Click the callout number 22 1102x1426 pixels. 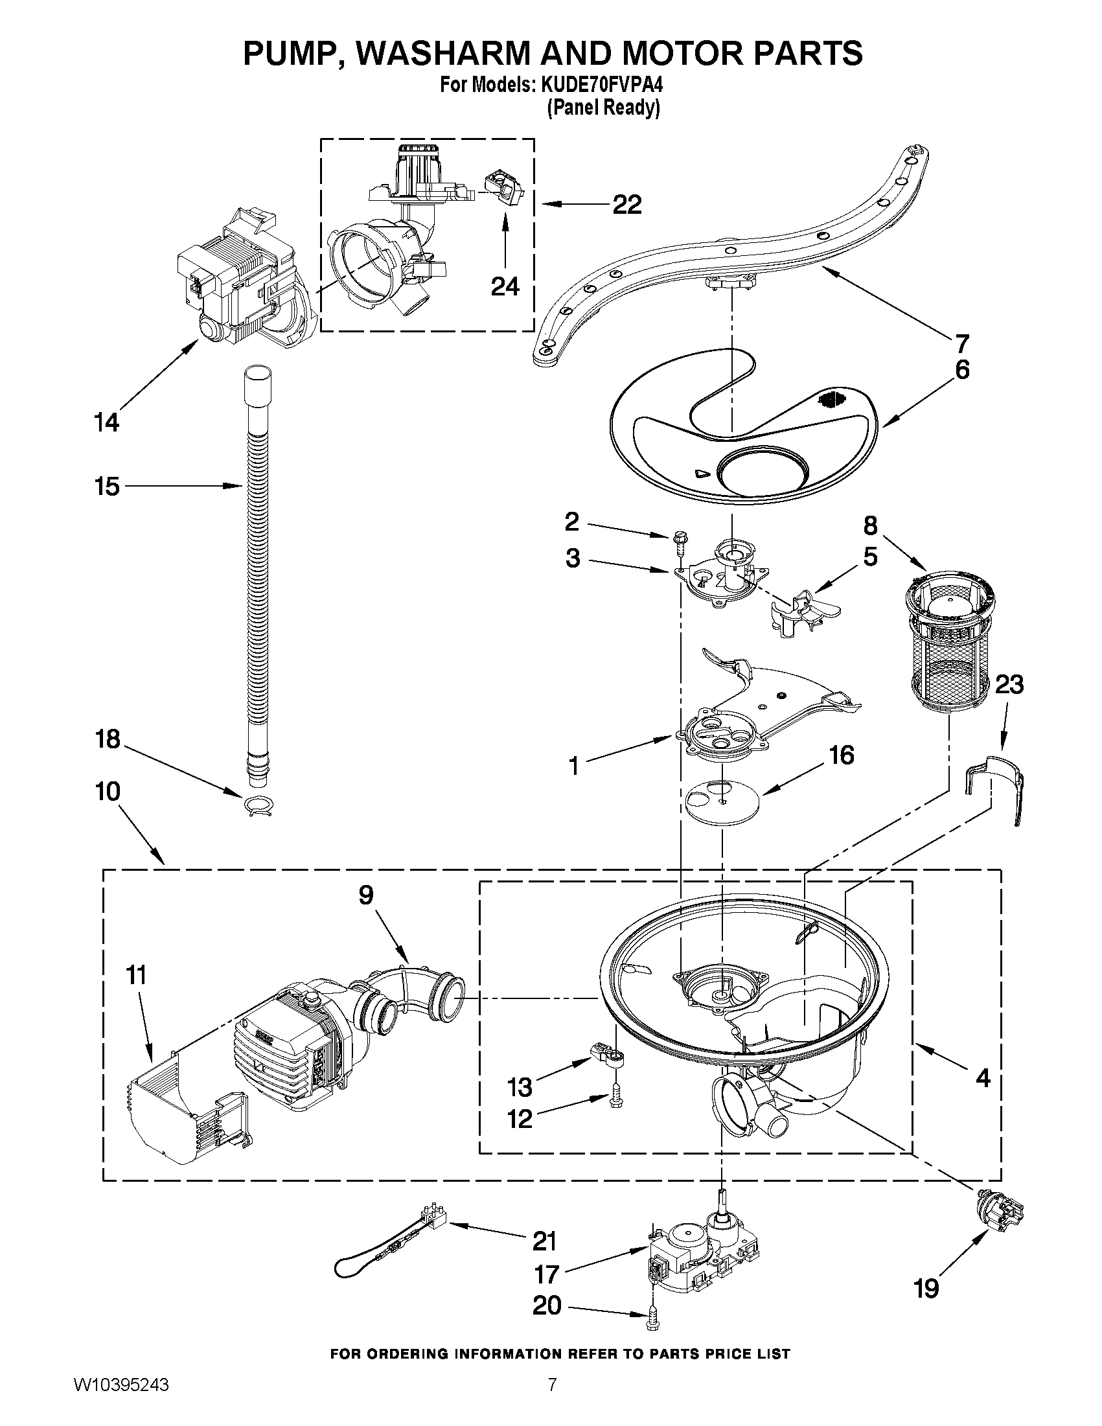click(626, 204)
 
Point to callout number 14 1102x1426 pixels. click(106, 422)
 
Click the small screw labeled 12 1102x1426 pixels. click(615, 1100)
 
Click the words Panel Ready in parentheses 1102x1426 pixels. click(603, 107)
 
